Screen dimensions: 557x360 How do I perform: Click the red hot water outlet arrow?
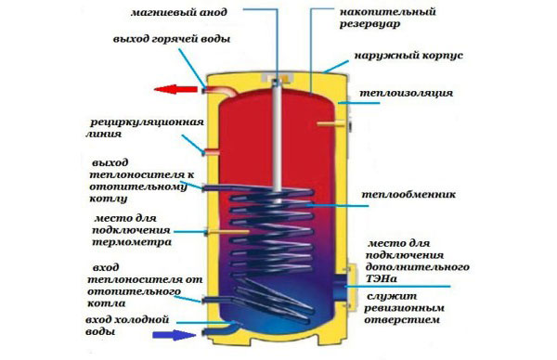coord(175,89)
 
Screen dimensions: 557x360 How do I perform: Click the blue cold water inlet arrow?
coord(175,335)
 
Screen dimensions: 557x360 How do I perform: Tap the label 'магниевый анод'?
coord(178,12)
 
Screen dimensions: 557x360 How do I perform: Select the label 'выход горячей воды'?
coord(172,39)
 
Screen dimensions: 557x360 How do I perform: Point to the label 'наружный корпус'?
coord(408,56)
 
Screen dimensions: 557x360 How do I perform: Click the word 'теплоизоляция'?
coord(407,93)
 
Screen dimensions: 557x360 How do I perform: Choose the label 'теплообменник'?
coord(408,195)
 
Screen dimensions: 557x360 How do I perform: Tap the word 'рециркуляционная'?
coord(147,122)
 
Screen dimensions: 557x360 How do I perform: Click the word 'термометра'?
coord(132,242)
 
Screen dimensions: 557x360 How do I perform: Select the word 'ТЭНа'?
coord(382,279)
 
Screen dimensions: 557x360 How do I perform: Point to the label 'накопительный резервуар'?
coord(387,18)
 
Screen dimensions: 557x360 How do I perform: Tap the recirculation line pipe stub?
coord(212,153)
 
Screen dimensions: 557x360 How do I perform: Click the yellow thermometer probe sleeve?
coord(227,232)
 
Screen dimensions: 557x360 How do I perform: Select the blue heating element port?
coord(341,284)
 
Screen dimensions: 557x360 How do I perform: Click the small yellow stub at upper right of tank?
coord(331,123)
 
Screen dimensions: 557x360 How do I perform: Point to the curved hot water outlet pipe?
coord(221,91)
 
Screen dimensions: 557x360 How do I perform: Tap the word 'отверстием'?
coord(402,320)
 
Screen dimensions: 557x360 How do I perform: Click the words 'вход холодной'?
coord(127,320)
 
